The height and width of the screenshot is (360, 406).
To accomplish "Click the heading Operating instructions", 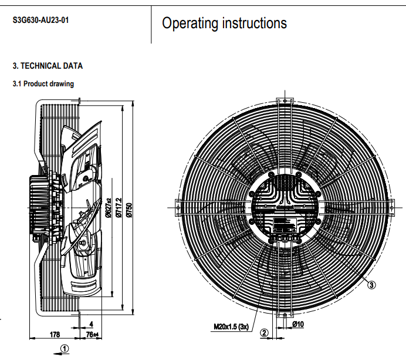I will click(x=224, y=23).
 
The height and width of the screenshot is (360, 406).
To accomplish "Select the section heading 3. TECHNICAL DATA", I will click(x=48, y=66).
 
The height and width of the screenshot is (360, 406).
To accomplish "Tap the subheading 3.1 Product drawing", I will click(x=43, y=84).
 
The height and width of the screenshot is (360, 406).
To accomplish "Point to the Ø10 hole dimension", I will click(x=297, y=324).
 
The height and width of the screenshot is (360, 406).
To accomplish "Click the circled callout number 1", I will click(x=65, y=348).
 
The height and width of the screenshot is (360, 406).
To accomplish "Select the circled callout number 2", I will click(x=264, y=332).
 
